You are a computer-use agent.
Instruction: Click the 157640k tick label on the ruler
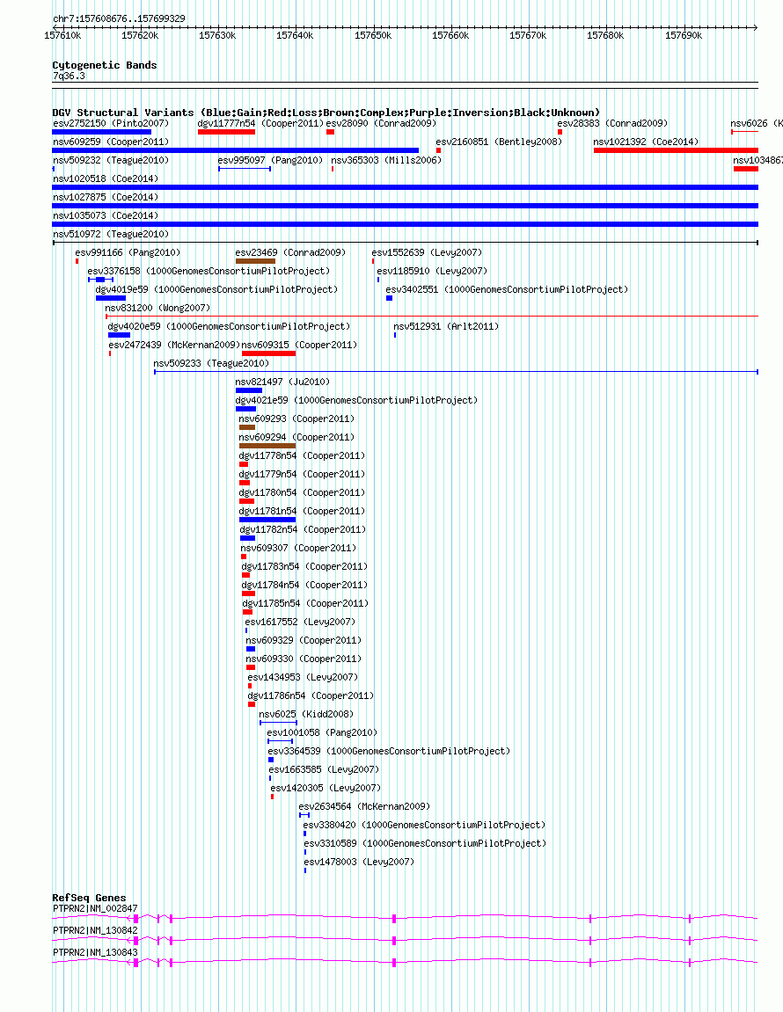point(295,35)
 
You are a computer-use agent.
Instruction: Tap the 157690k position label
point(684,35)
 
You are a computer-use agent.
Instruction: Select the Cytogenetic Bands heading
point(105,65)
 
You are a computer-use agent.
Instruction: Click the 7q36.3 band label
point(69,76)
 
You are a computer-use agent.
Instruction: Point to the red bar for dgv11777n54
point(227,132)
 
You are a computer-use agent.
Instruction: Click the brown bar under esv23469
point(255,261)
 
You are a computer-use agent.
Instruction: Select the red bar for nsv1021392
point(676,150)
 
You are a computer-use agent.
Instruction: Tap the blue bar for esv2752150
point(101,132)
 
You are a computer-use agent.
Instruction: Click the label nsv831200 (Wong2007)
point(157,308)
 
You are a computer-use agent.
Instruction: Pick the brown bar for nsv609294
point(267,446)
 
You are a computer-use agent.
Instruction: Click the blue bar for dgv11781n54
point(267,520)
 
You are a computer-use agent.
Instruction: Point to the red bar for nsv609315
point(268,353)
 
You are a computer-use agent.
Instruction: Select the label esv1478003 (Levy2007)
point(359,862)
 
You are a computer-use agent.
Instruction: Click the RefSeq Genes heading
point(89,898)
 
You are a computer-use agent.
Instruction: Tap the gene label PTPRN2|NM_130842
point(95,931)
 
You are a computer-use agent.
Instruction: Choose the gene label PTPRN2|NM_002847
point(95,909)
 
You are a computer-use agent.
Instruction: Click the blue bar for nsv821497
point(249,390)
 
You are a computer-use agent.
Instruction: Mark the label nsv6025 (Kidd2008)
point(306,714)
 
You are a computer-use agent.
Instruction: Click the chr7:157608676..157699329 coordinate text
point(119,18)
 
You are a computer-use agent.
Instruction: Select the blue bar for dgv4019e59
point(111,298)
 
